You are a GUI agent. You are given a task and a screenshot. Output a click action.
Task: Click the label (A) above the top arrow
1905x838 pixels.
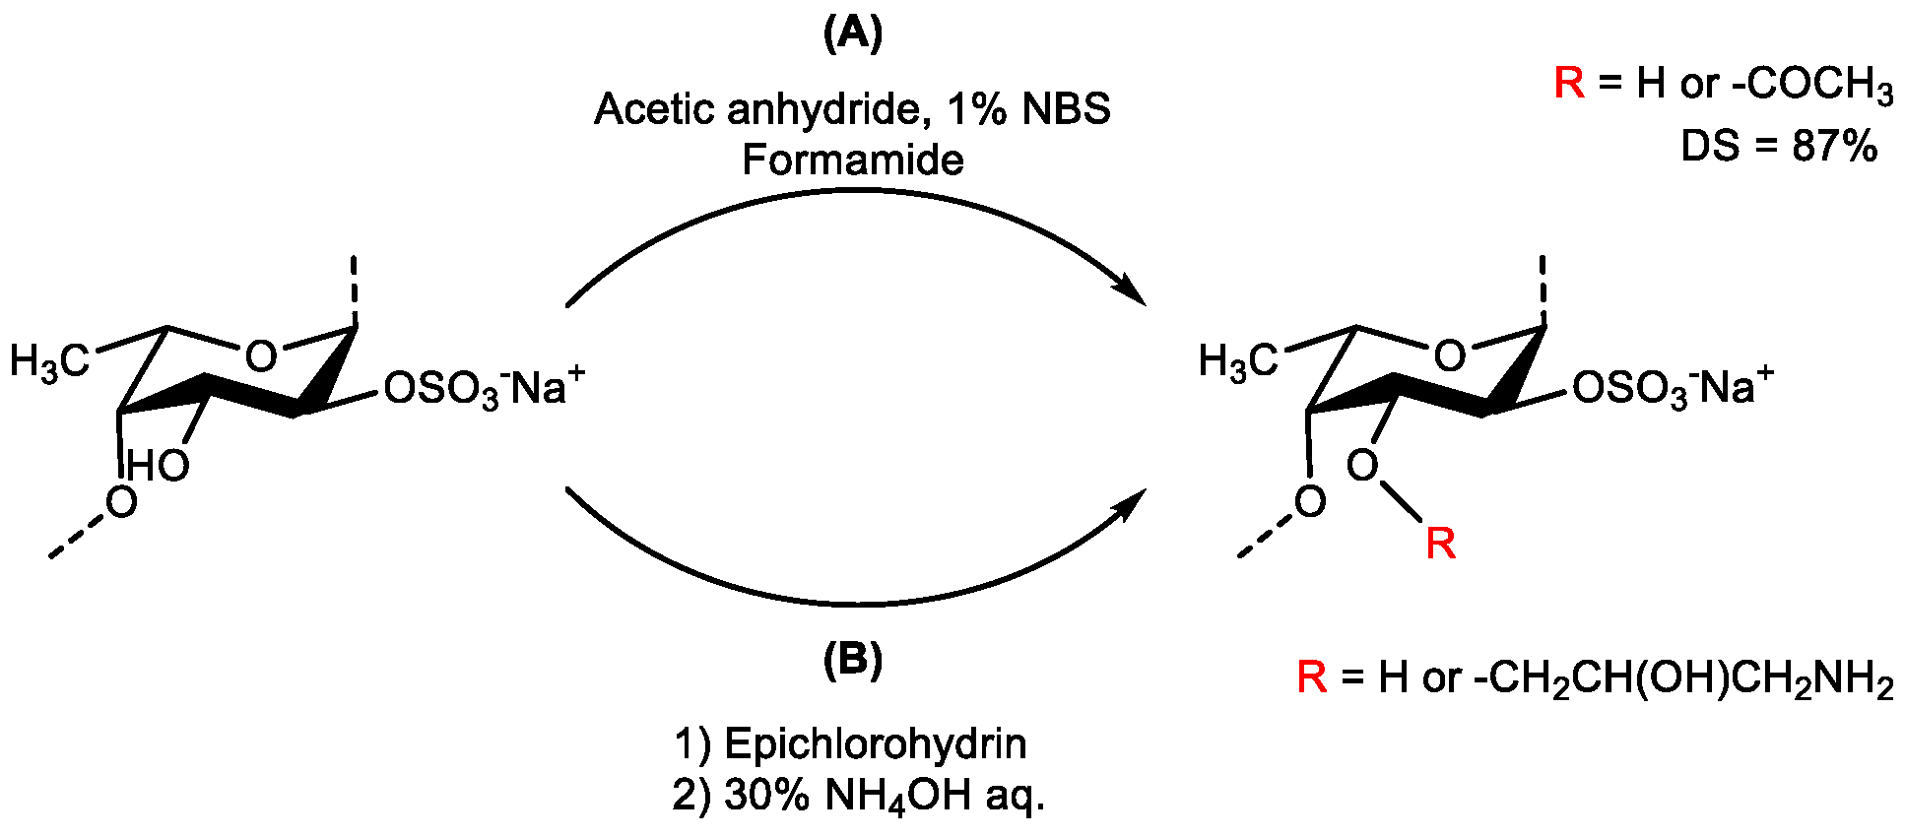pos(852,34)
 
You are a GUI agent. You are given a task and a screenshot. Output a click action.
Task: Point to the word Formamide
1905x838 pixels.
pos(852,160)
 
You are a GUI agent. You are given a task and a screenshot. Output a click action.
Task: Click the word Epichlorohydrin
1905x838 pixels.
pos(875,743)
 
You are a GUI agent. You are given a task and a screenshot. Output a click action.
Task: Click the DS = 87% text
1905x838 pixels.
pos(1779,146)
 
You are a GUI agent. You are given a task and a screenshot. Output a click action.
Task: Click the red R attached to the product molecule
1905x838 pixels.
pos(1440,543)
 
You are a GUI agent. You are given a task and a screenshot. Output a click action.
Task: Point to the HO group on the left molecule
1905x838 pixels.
pos(158,465)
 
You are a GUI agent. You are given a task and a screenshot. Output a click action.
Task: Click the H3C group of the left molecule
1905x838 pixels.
pos(49,362)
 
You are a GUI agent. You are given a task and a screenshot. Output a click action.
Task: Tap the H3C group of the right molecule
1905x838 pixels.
pos(1237,362)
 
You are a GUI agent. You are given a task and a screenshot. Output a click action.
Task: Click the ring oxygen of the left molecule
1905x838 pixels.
pos(260,356)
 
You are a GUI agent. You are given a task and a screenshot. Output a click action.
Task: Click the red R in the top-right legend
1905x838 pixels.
pos(1569,83)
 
